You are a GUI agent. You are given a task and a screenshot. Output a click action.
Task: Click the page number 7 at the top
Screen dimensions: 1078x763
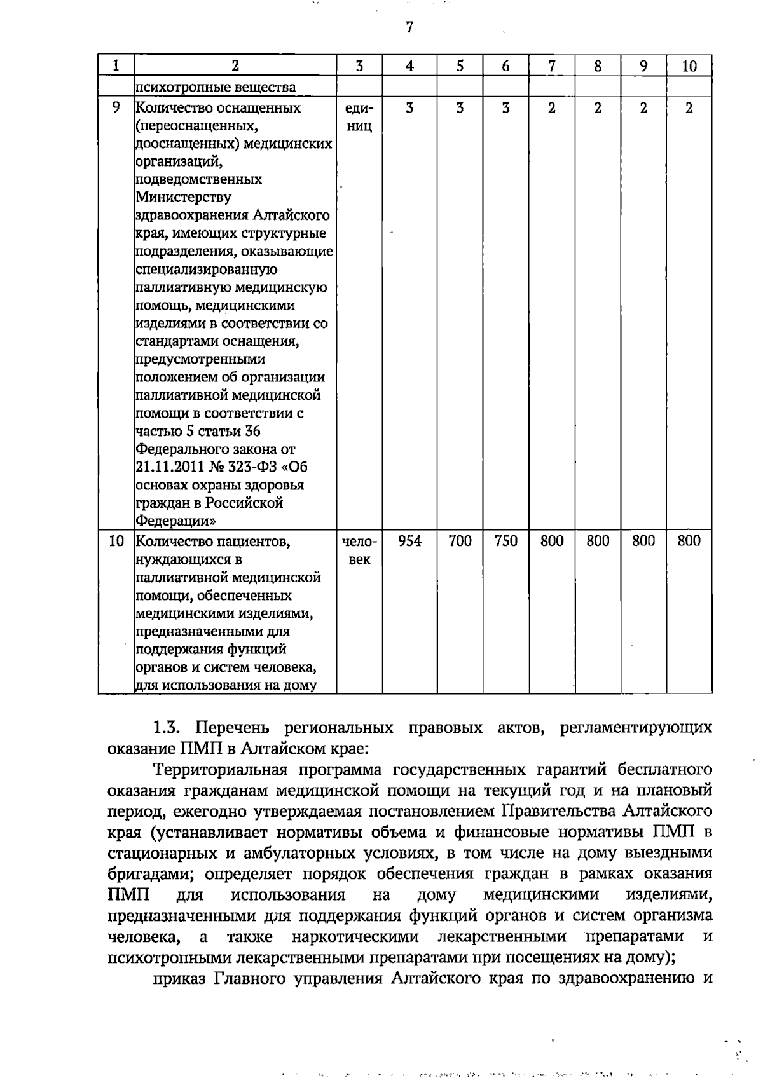coord(409,28)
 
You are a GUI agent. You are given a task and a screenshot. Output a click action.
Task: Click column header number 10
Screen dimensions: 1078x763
coord(689,66)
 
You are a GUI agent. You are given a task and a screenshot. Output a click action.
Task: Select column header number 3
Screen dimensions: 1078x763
coord(359,66)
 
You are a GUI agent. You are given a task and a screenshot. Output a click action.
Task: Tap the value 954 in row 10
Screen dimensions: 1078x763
coord(409,541)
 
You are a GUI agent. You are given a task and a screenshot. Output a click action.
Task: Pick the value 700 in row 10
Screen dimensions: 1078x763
coord(460,541)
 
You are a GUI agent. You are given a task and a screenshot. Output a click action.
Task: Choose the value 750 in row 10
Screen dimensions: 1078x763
coord(505,541)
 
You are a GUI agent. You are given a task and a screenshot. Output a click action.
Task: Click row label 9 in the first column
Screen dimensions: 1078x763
coord(116,107)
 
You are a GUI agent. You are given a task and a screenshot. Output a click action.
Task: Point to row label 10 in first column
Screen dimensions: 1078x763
coord(116,541)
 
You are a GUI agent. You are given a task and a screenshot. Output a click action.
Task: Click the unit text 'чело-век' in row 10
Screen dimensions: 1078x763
coord(359,550)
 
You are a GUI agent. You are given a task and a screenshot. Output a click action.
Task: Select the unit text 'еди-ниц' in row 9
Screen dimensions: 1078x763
coord(359,117)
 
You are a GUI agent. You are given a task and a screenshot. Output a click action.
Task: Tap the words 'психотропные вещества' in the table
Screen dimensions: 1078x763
coord(216,87)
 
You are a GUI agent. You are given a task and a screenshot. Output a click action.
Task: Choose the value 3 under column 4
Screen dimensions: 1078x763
coord(409,108)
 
